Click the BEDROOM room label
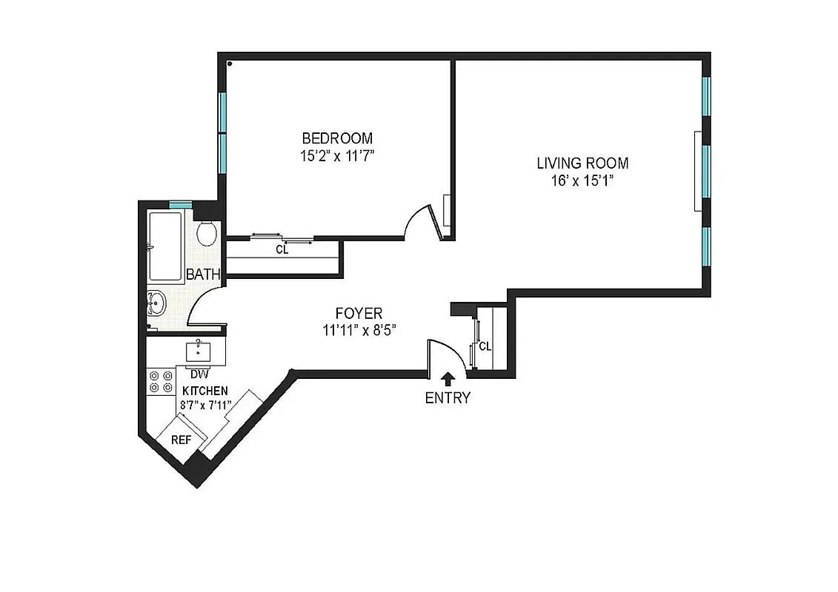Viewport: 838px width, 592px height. pyautogui.click(x=336, y=138)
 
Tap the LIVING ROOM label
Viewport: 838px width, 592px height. pyautogui.click(x=582, y=164)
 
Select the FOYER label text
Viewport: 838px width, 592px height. pyautogui.click(x=359, y=314)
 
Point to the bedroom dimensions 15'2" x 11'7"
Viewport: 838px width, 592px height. pyautogui.click(x=336, y=155)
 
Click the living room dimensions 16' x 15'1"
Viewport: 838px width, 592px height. pyautogui.click(x=582, y=181)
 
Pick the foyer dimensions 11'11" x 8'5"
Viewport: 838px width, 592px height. pyautogui.click(x=359, y=331)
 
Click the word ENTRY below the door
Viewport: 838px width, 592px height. pyautogui.click(x=447, y=398)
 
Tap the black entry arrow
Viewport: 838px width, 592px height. pyautogui.click(x=447, y=379)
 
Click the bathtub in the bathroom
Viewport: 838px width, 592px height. pyautogui.click(x=165, y=246)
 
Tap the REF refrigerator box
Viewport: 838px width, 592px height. pyautogui.click(x=181, y=439)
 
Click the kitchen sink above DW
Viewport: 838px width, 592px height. pyautogui.click(x=199, y=351)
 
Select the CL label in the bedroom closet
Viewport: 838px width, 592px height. pyautogui.click(x=282, y=250)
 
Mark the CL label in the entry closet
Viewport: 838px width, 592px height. pyautogui.click(x=485, y=346)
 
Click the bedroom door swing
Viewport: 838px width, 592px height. pyautogui.click(x=424, y=222)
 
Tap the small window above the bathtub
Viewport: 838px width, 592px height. pyautogui.click(x=180, y=205)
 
